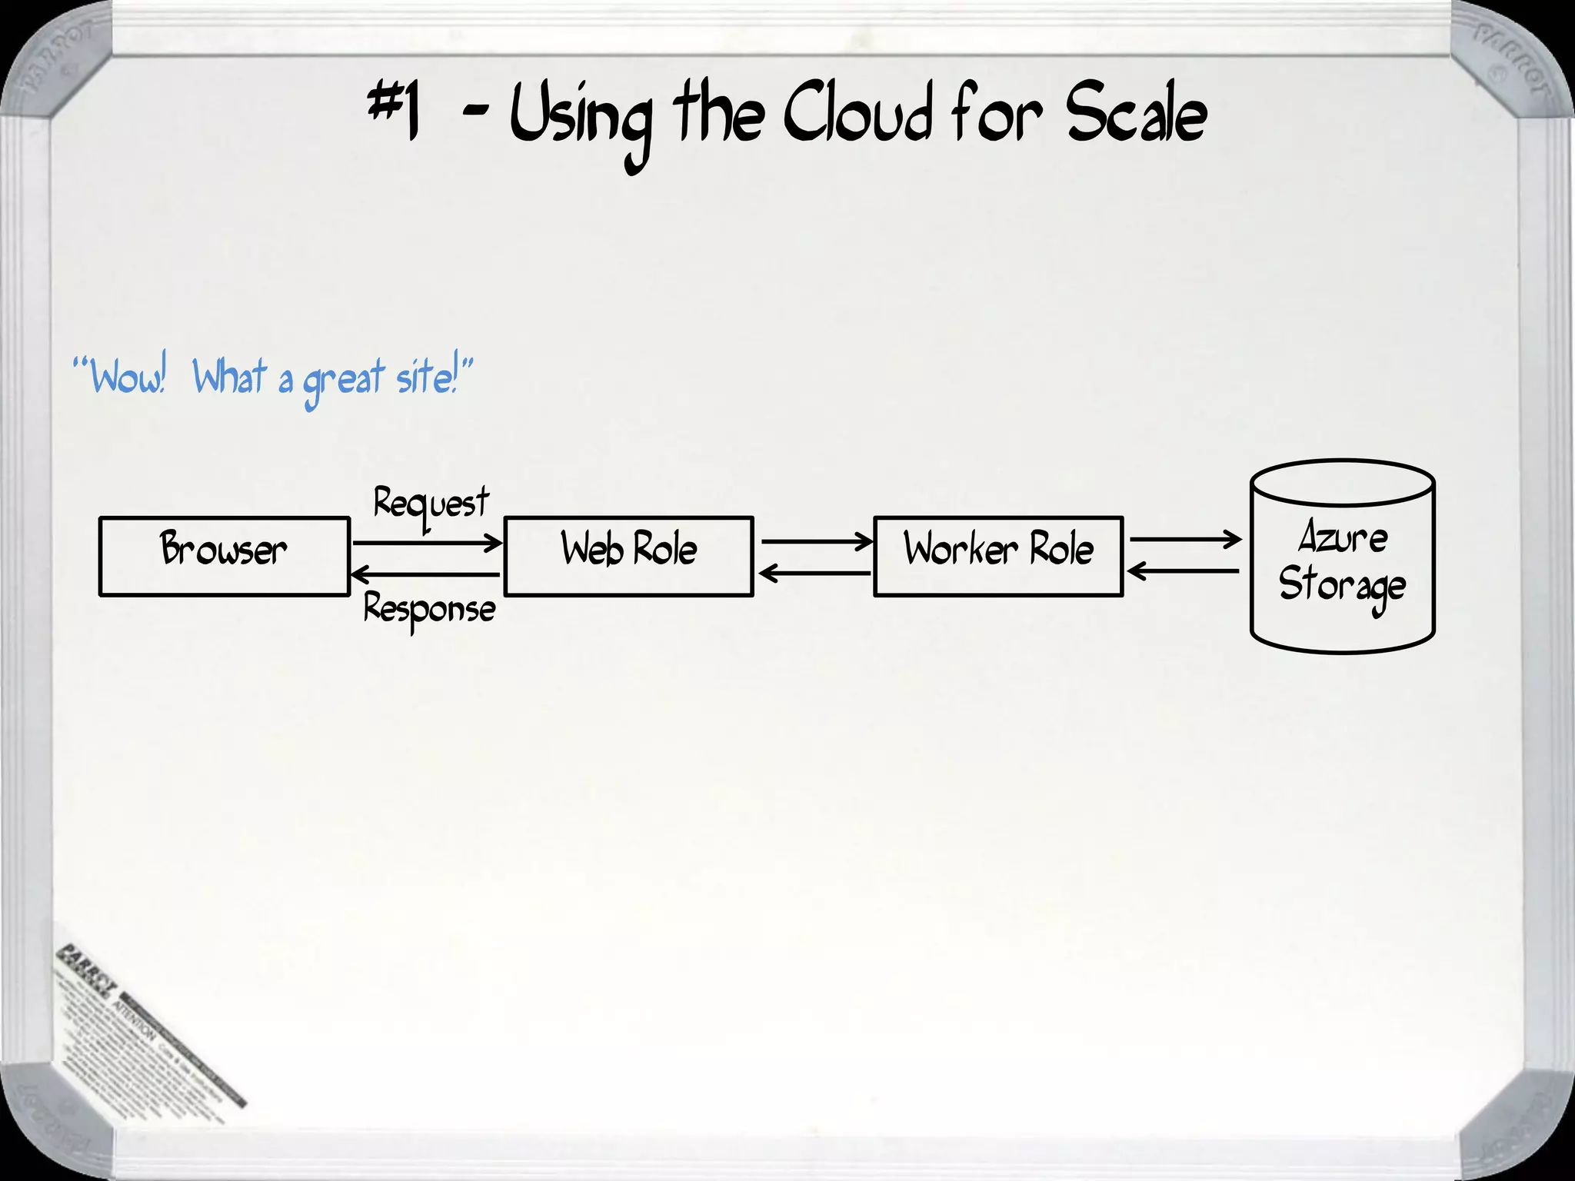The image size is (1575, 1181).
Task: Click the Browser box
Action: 224,556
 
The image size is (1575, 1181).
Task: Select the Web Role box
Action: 628,556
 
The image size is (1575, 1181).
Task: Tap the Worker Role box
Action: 998,556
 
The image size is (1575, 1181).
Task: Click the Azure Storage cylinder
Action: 1342,557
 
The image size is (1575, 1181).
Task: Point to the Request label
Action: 431,504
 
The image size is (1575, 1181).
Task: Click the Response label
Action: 430,610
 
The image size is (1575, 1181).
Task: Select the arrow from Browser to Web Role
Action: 427,543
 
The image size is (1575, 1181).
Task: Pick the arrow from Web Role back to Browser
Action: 425,574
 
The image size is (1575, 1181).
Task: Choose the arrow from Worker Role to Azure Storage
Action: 1184,539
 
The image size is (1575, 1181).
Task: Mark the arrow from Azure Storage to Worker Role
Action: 1183,571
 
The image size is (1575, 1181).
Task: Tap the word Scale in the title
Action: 1135,115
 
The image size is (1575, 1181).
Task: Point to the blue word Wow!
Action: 127,377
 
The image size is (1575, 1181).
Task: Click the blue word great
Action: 343,381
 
